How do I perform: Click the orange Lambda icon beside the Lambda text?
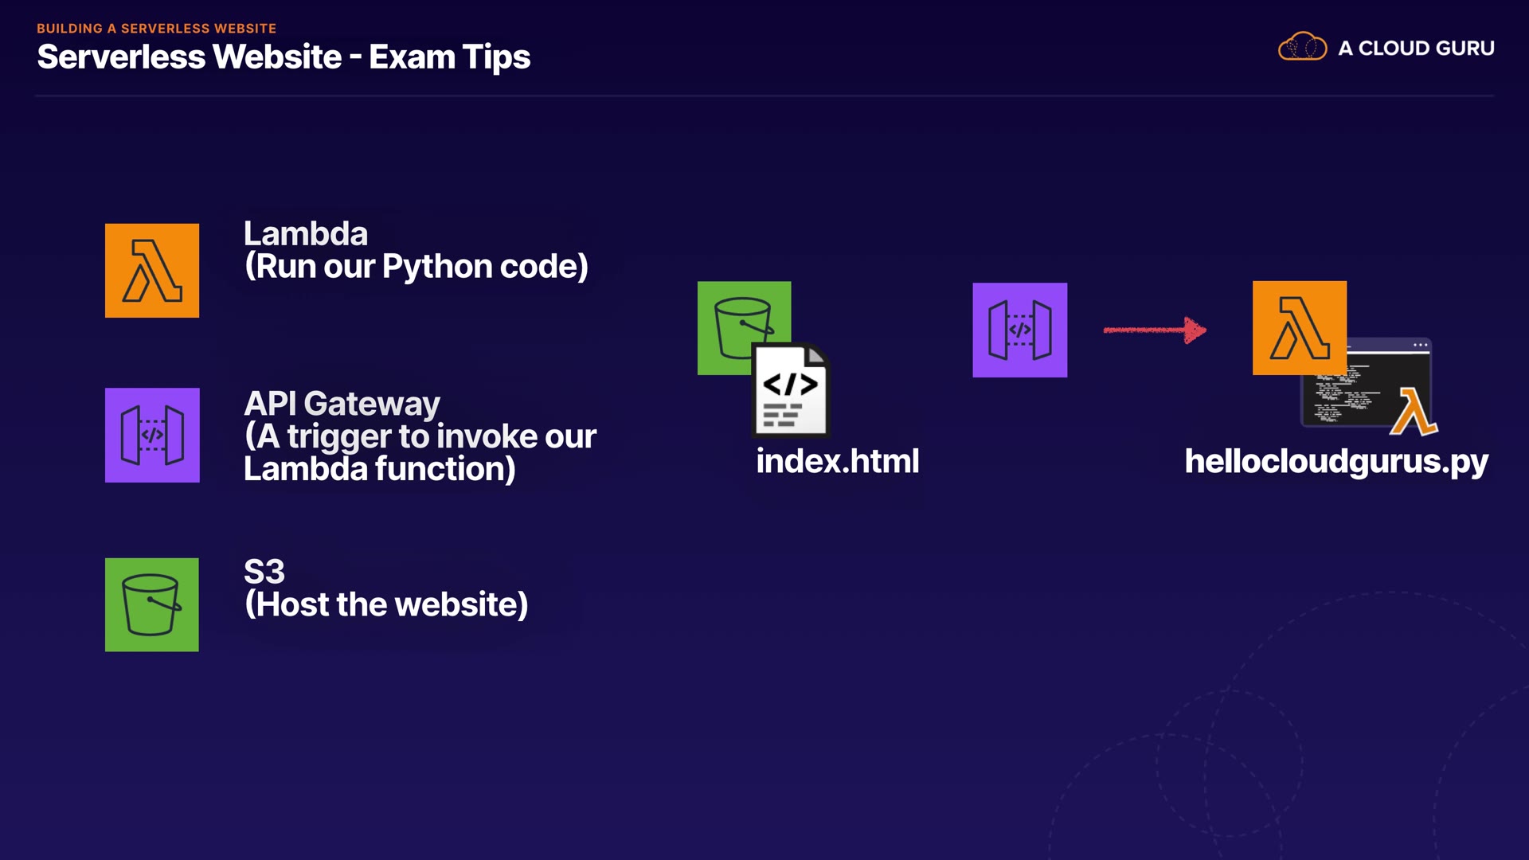152,271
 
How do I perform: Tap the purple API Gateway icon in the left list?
152,435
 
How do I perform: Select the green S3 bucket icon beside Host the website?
152,604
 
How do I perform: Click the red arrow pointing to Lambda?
1155,330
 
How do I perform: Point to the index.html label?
837,462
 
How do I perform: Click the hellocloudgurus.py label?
1335,462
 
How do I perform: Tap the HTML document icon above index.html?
790,391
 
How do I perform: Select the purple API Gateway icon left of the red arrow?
1019,330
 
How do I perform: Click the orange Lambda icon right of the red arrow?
1299,327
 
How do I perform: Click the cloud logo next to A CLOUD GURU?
1302,47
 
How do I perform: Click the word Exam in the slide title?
412,57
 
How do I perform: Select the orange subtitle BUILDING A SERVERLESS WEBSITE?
156,28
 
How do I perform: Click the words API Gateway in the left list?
342,404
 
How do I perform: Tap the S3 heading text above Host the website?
264,572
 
